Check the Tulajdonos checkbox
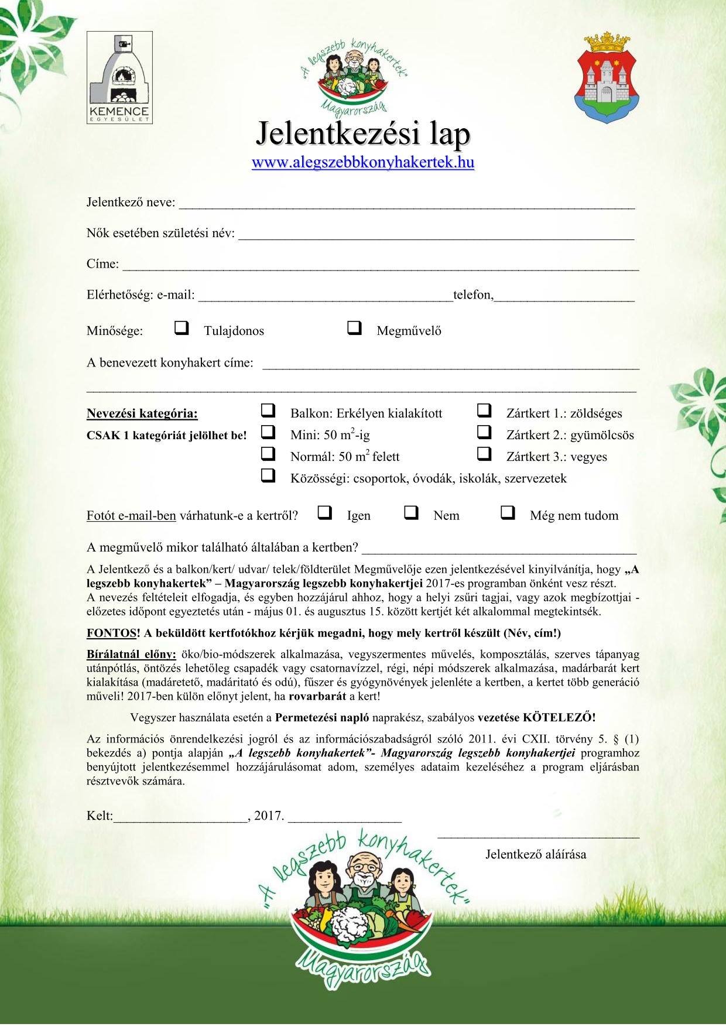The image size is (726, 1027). pyautogui.click(x=181, y=328)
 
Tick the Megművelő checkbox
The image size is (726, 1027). pyautogui.click(x=354, y=328)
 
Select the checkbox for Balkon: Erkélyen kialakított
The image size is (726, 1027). pyautogui.click(x=268, y=410)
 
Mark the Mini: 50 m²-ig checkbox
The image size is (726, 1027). pyautogui.click(x=268, y=432)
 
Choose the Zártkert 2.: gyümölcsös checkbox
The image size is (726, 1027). pyautogui.click(x=484, y=432)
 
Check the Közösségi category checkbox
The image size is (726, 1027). pyautogui.click(x=268, y=475)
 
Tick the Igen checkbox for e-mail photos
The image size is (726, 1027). pyautogui.click(x=324, y=513)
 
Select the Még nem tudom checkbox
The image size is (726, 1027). pyautogui.click(x=508, y=513)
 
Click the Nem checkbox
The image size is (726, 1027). pyautogui.click(x=412, y=513)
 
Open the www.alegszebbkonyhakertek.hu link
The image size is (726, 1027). pyautogui.click(x=363, y=162)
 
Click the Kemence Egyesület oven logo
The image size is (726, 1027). pyautogui.click(x=119, y=77)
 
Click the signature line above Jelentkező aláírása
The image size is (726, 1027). pyautogui.click(x=538, y=837)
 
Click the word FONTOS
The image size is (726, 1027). pyautogui.click(x=111, y=633)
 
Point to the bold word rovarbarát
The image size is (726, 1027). pyautogui.click(x=317, y=696)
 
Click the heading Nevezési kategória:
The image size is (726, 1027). pyautogui.click(x=142, y=413)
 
